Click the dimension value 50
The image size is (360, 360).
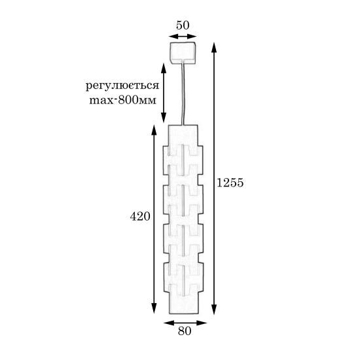pyautogui.click(x=183, y=26)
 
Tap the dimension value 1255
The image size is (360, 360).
pyautogui.click(x=230, y=183)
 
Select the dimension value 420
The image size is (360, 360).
pyautogui.click(x=140, y=216)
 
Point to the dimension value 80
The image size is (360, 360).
pyautogui.click(x=185, y=331)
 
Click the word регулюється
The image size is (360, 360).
pyautogui.click(x=122, y=86)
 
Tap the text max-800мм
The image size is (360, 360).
pyautogui.click(x=123, y=100)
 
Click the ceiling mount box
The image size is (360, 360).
pyautogui.click(x=183, y=53)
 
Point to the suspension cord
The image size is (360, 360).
pyautogui.click(x=183, y=94)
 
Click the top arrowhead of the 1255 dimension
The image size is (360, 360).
pyautogui.click(x=214, y=48)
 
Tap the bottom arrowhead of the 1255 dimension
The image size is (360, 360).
pyautogui.click(x=214, y=309)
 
